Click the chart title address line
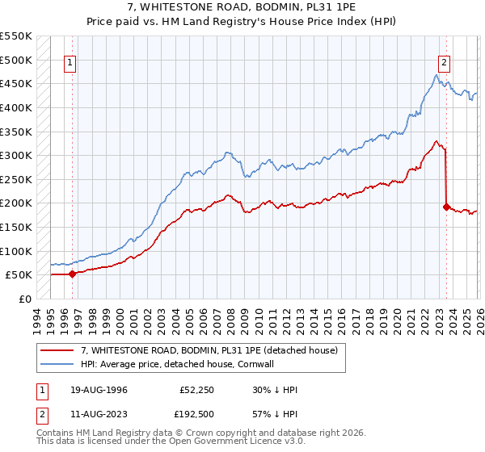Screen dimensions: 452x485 click(242, 7)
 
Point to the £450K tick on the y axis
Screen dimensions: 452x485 click(16, 83)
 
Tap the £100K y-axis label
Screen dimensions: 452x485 click(16, 251)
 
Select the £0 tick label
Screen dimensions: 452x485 click(25, 299)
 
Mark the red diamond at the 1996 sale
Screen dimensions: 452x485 click(72, 274)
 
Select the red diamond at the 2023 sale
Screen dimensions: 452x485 click(445, 207)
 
